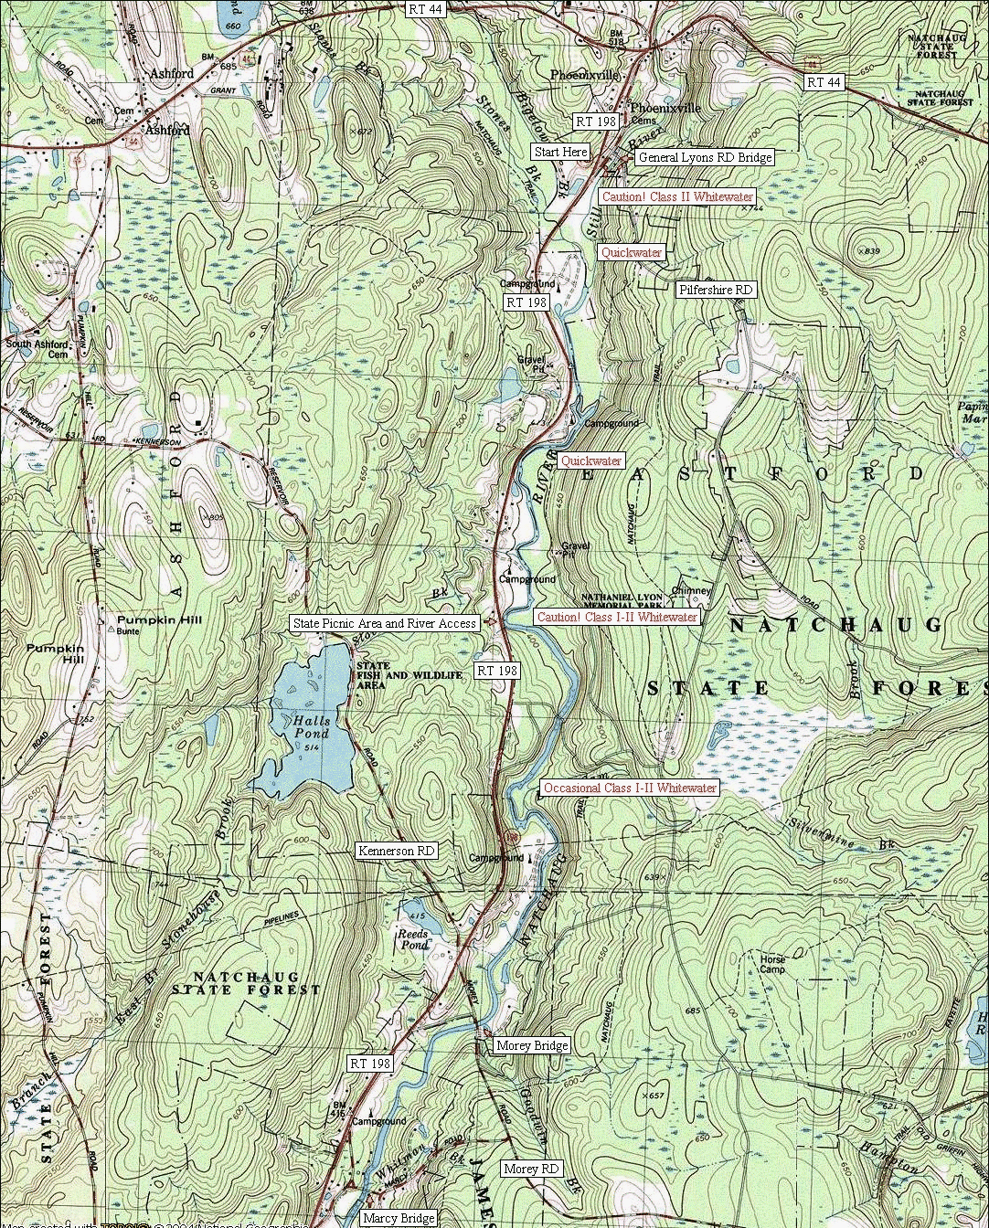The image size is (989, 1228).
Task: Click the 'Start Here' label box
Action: tap(561, 152)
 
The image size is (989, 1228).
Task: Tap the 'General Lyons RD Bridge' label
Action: tap(704, 157)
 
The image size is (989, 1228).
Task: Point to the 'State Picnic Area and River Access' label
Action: tap(385, 623)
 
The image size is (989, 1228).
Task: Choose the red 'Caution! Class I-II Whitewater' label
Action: tap(617, 617)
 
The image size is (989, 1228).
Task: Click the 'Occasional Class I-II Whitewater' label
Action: tap(630, 788)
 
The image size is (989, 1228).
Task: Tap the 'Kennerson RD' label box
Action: tap(397, 851)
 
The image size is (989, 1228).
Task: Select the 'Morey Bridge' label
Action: tap(531, 1045)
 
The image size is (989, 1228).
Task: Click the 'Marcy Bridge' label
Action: tap(398, 1218)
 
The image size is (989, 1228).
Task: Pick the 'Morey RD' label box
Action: tap(531, 1169)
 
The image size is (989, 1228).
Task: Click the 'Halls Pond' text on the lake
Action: tap(312, 727)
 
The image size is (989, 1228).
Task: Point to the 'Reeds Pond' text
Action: tap(413, 939)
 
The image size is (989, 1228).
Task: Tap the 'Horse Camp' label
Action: tap(772, 964)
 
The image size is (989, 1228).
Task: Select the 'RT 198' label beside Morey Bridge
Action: tap(370, 1064)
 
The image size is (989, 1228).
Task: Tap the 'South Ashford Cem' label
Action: tap(37, 349)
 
